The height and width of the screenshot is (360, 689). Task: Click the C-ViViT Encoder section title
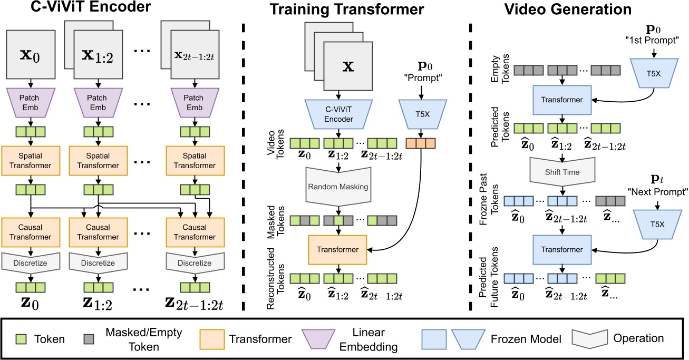[x=77, y=9]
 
